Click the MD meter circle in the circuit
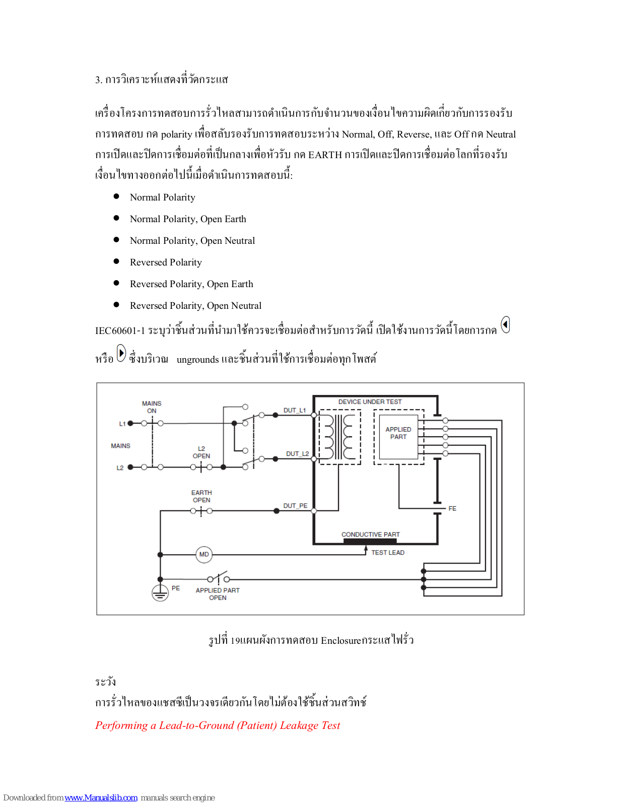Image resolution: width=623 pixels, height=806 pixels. point(204,555)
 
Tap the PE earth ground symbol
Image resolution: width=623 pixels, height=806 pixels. point(160,593)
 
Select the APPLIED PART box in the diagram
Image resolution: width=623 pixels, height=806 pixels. point(398,436)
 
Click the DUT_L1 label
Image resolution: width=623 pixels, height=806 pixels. point(295,411)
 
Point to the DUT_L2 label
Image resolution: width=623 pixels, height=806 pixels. point(297,454)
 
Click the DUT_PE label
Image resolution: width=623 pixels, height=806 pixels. point(295,506)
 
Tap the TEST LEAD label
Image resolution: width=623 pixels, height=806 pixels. point(388,553)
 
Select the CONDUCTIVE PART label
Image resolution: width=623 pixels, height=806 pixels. point(371,534)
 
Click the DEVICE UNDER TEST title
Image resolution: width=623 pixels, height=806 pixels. point(370,402)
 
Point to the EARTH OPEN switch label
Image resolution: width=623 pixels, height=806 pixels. point(201,496)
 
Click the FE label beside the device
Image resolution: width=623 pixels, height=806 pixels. point(452,509)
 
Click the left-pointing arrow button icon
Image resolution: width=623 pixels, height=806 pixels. point(505,325)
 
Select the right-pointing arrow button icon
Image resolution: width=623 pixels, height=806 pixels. point(121,353)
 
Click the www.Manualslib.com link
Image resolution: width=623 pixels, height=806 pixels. point(101,798)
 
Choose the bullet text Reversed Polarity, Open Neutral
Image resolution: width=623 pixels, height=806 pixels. point(195,306)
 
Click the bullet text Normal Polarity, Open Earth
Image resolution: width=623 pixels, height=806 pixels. point(188,219)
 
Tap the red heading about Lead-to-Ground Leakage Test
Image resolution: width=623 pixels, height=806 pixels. point(218,725)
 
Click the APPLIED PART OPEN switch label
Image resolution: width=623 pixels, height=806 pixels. point(218,594)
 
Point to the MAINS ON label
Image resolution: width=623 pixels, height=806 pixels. point(152,407)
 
